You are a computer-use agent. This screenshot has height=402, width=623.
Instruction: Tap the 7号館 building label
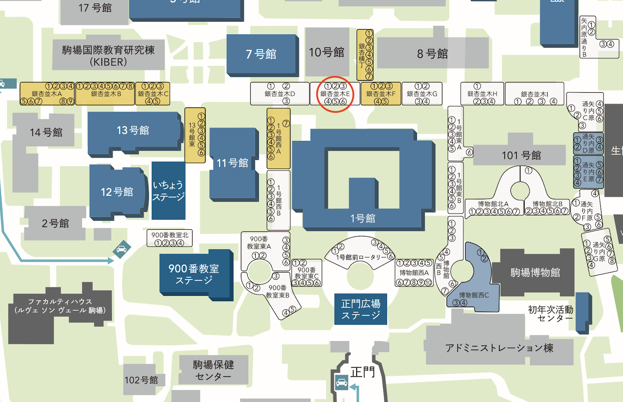(x=261, y=54)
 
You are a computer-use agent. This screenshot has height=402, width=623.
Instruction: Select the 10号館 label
(x=327, y=52)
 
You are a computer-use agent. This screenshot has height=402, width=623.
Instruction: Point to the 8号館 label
(x=432, y=54)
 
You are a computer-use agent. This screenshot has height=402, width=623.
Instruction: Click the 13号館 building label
(x=133, y=130)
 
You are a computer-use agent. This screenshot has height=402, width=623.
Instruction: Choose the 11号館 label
(x=232, y=163)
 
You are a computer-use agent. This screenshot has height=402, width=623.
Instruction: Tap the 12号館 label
(x=117, y=192)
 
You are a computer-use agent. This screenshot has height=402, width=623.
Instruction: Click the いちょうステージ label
(x=168, y=191)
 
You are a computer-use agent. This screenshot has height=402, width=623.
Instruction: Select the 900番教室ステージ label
(x=194, y=274)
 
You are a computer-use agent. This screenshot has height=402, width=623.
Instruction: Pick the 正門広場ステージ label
(x=361, y=309)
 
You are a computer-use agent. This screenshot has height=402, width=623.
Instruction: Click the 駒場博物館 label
(x=535, y=273)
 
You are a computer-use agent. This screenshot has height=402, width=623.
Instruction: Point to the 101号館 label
(x=521, y=155)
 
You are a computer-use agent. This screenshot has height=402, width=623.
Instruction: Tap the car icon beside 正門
(x=341, y=382)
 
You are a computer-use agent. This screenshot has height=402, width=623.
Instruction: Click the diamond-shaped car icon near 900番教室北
(x=122, y=249)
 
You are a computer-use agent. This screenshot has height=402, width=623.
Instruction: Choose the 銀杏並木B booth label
(x=106, y=94)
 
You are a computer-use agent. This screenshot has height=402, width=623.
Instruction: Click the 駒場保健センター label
(x=213, y=370)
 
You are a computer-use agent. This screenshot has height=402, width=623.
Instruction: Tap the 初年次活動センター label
(x=551, y=313)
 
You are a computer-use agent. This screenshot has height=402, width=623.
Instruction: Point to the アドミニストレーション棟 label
(x=499, y=348)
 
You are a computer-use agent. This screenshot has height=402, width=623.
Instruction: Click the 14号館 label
(x=46, y=133)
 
